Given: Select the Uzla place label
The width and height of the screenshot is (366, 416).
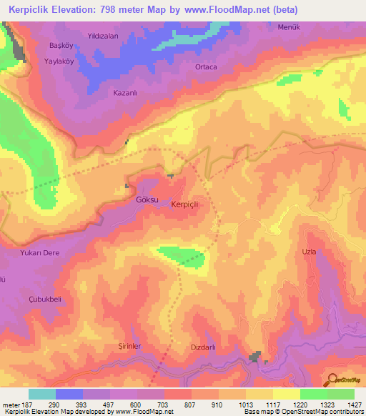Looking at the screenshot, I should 309,252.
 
